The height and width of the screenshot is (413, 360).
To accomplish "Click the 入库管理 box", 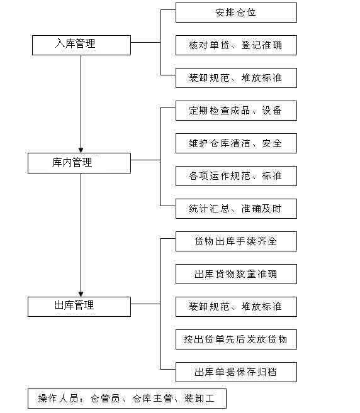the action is click(x=81, y=45).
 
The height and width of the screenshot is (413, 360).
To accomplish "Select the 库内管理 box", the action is click(x=79, y=163).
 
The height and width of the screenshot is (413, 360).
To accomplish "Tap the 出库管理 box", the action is click(x=79, y=307).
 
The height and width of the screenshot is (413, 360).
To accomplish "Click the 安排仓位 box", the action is click(x=236, y=13).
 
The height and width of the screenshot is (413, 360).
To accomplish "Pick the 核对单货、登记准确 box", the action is click(x=236, y=45).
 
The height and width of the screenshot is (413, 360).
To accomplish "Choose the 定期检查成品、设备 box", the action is click(x=236, y=111).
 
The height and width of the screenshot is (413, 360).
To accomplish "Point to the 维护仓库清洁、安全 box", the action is click(x=236, y=143).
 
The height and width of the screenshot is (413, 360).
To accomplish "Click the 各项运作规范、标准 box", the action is click(x=236, y=176).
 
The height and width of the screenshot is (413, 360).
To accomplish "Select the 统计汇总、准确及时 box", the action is click(x=236, y=209).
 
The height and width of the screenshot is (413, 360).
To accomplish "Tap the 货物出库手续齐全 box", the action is click(x=236, y=241).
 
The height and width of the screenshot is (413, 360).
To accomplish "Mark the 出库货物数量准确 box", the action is click(x=236, y=274).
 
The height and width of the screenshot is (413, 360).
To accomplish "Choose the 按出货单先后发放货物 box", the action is click(x=236, y=339).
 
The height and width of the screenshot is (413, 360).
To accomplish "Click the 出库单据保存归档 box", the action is click(x=236, y=372).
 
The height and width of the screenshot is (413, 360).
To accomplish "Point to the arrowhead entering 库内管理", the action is click(x=81, y=150).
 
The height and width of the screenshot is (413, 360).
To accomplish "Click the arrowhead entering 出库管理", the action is click(x=81, y=294).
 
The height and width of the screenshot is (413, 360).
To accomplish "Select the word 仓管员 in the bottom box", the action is click(x=105, y=399).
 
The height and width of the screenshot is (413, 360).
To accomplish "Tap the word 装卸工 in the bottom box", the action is click(x=200, y=399).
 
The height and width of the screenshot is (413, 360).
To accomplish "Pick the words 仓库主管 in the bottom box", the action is click(x=152, y=399).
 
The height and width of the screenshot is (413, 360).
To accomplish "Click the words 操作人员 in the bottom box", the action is click(x=58, y=399).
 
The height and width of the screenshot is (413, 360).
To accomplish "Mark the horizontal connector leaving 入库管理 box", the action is click(x=145, y=42).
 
